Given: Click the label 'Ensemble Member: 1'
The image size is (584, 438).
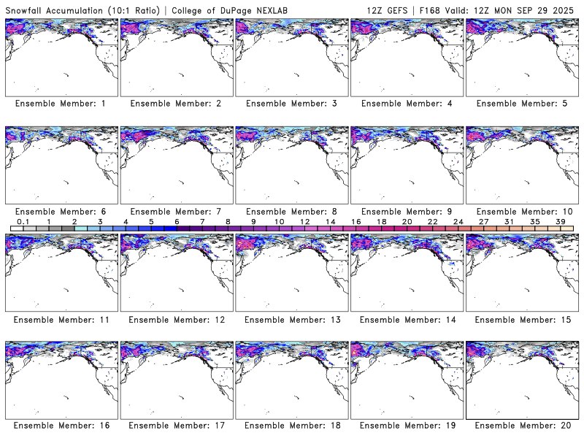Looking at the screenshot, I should click(61, 104).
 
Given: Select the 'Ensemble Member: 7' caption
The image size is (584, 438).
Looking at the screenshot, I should click(176, 212).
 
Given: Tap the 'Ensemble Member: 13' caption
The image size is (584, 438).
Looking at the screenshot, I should click(291, 319).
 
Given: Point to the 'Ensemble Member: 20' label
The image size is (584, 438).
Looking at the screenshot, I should click(522, 426).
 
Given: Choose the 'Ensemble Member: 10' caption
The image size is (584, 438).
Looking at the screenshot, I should click(522, 212).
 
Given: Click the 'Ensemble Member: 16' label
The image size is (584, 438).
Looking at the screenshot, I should click(61, 426).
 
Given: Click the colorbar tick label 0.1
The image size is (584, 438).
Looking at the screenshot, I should click(23, 221).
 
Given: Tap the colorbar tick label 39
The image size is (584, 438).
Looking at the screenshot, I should click(560, 221).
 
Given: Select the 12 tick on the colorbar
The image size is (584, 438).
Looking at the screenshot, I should click(304, 221).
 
